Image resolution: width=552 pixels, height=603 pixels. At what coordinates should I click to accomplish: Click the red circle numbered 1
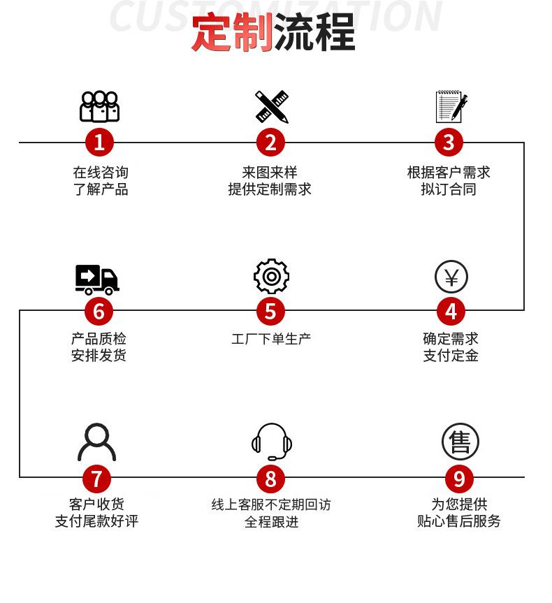tap(99, 143)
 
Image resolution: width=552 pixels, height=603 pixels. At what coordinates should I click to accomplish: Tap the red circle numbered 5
tap(271, 311)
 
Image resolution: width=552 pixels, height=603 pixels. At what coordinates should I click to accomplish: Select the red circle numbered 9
tap(459, 479)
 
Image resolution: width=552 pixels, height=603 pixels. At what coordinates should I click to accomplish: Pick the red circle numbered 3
tap(449, 143)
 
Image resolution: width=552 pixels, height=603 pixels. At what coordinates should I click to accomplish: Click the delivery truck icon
tap(97, 279)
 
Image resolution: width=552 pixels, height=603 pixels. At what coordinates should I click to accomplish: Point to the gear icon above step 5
tap(271, 277)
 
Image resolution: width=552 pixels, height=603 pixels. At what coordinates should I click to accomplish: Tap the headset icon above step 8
tap(272, 442)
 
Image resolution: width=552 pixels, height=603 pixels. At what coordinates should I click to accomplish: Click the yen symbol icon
tap(451, 277)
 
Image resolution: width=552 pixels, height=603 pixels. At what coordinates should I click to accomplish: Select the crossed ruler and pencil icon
tap(271, 107)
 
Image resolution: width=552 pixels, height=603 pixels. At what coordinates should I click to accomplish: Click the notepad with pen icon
tap(451, 107)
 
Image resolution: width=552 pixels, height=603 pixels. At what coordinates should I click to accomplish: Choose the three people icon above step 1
tap(99, 107)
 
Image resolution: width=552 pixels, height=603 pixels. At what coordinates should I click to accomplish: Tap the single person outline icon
tap(97, 442)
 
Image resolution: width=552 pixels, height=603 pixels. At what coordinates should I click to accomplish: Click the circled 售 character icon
tap(460, 442)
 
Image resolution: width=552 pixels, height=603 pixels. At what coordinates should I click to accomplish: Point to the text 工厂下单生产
tap(271, 339)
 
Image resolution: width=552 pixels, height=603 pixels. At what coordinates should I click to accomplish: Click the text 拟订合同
tap(449, 189)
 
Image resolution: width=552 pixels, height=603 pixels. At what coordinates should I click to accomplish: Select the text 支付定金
tap(451, 356)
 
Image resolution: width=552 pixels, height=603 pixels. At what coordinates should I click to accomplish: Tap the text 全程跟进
tap(271, 521)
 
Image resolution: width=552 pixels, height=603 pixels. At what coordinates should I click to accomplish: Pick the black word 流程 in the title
tap(314, 33)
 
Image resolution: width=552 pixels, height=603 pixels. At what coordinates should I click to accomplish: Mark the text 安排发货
tap(99, 356)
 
